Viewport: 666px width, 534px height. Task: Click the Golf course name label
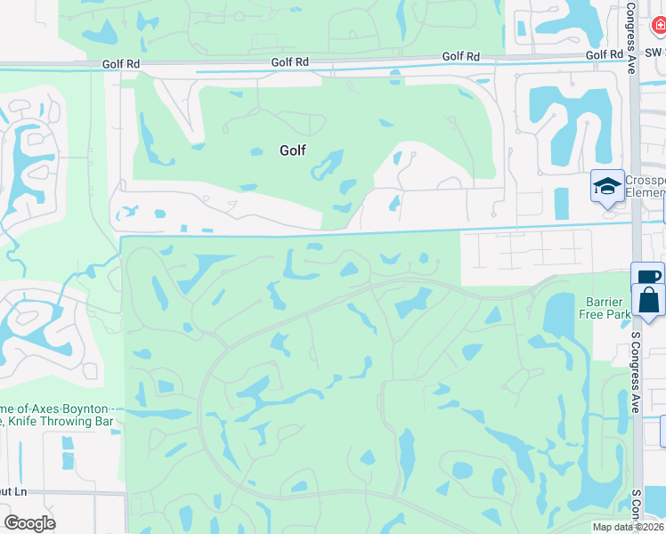click(293, 150)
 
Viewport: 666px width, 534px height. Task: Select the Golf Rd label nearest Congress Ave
click(605, 55)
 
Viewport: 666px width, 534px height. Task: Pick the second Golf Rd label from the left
click(290, 62)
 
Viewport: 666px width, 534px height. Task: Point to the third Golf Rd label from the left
click(460, 57)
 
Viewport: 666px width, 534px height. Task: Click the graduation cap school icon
click(607, 186)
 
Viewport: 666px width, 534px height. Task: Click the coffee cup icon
click(647, 276)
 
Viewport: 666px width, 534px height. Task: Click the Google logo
click(29, 523)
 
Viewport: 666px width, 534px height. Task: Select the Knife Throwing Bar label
click(60, 422)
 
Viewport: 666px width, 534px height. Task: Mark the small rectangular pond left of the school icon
click(561, 204)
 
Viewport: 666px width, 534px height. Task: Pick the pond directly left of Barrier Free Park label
click(558, 315)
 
